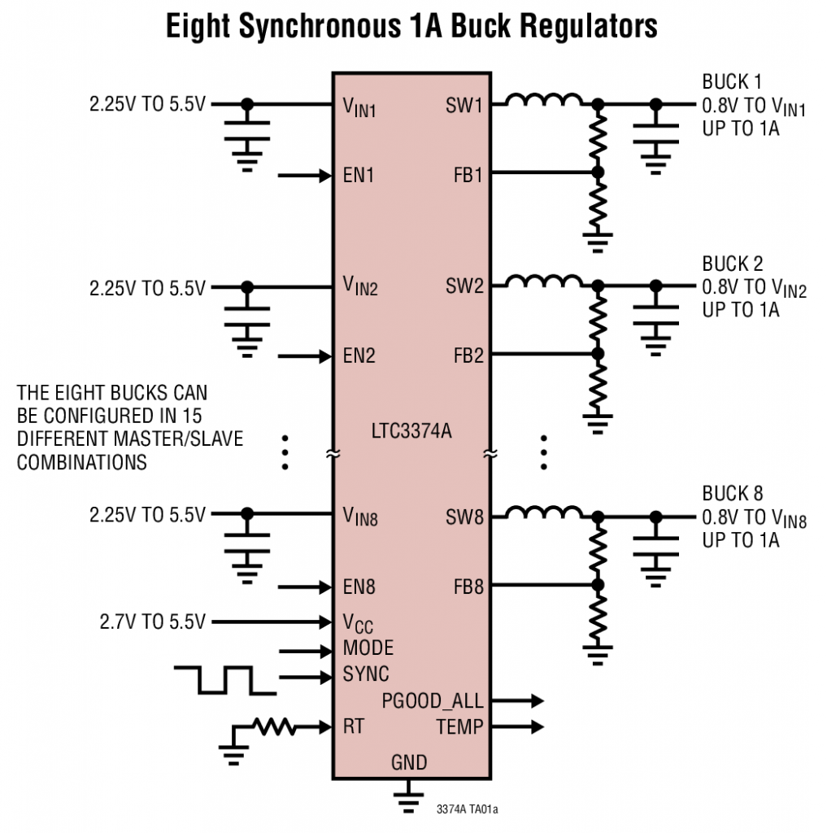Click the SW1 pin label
pyautogui.click(x=464, y=105)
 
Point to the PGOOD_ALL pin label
pyautogui.click(x=432, y=701)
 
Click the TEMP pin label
pyautogui.click(x=459, y=727)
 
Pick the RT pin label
pyautogui.click(x=353, y=727)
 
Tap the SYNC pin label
pyautogui.click(x=366, y=674)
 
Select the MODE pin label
pyautogui.click(x=368, y=649)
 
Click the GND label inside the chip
pyautogui.click(x=409, y=763)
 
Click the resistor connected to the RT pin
pyautogui.click(x=275, y=726)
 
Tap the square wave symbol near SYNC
pyautogui.click(x=225, y=680)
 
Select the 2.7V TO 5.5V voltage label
pyautogui.click(x=152, y=623)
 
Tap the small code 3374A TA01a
pyautogui.click(x=467, y=809)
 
